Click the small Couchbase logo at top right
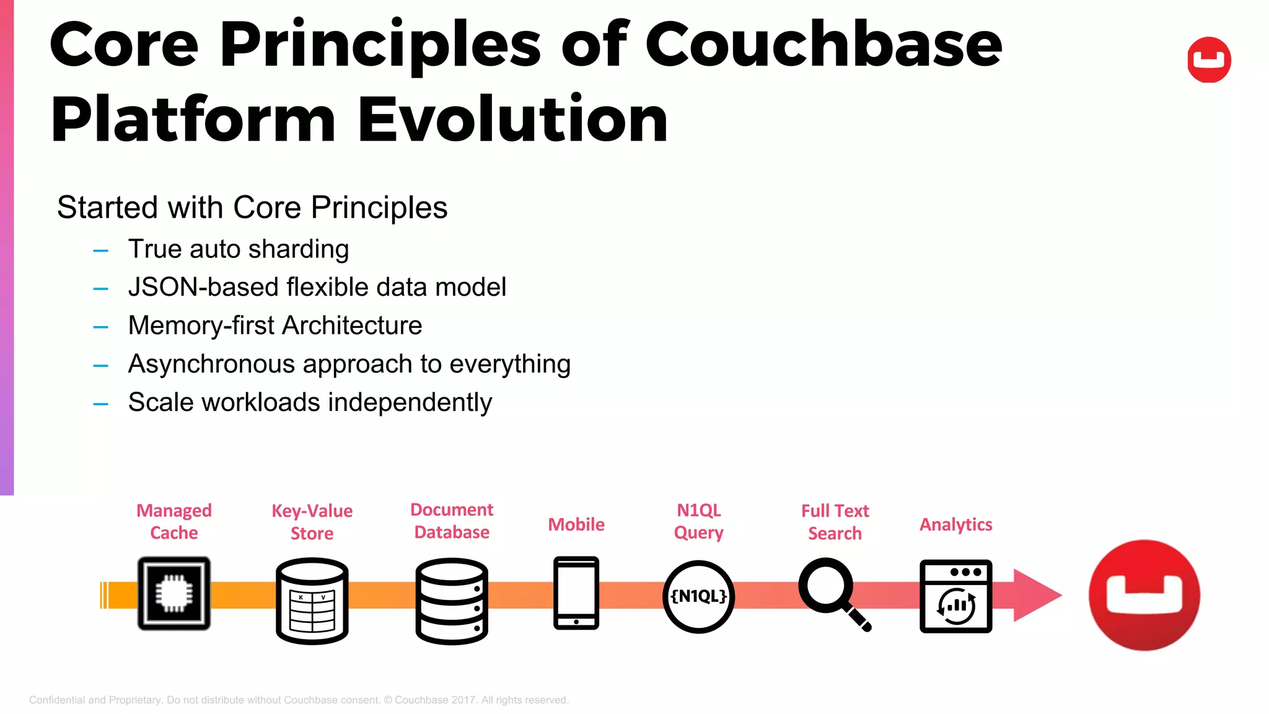(x=1208, y=59)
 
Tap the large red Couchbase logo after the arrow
(x=1144, y=595)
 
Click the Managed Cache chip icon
(x=174, y=593)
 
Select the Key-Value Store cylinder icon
(x=312, y=601)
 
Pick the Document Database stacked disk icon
(x=452, y=601)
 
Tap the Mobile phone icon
(x=576, y=593)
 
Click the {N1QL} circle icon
(x=698, y=596)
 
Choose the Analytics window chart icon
(x=955, y=596)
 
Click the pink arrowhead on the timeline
(x=1035, y=595)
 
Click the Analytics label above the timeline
(x=955, y=524)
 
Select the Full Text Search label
(x=835, y=522)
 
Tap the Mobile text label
(x=576, y=524)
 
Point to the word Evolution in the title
(x=512, y=119)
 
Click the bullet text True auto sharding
(x=239, y=249)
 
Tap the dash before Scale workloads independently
(x=100, y=404)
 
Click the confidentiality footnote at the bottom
(x=299, y=700)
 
